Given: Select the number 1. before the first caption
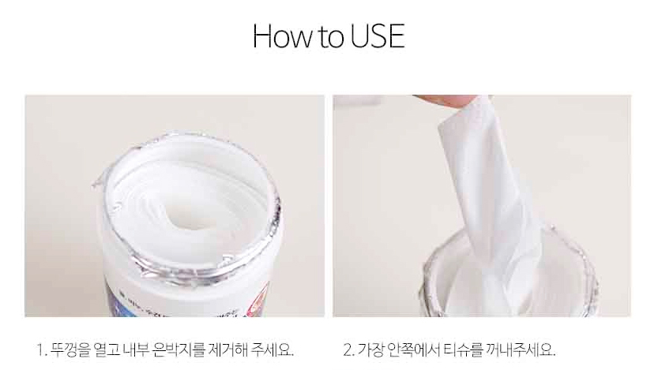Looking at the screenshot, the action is point(41,349).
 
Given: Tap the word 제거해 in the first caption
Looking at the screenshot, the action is point(227,349).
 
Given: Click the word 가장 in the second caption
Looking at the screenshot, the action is point(370,349).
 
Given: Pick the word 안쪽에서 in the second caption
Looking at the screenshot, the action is point(413,349).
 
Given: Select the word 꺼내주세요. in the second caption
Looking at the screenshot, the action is point(521,349).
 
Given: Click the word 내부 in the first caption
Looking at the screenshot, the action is point(137,349).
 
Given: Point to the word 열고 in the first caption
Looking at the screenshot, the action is point(107,349).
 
